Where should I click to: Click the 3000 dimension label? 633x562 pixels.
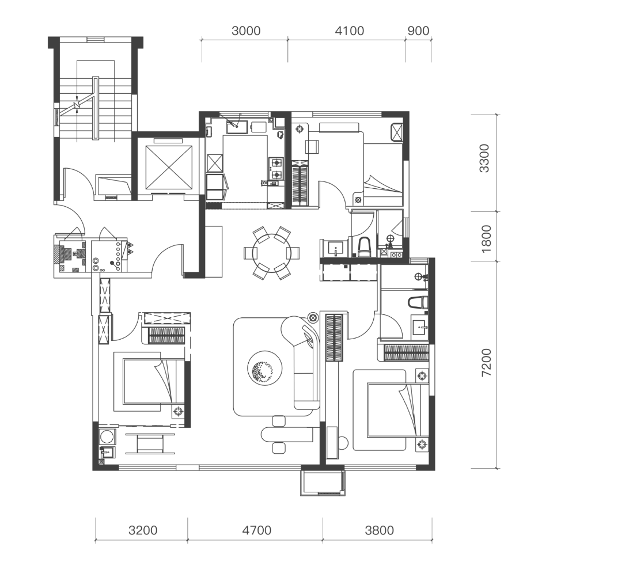[x=246, y=31]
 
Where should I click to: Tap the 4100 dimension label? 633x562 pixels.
[x=350, y=31]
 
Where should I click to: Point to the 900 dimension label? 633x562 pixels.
[x=418, y=31]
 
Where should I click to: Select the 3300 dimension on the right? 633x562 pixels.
[x=484, y=158]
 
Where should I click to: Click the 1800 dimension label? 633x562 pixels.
[x=486, y=239]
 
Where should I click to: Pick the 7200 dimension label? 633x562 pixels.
[x=487, y=363]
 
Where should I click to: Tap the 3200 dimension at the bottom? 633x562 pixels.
[x=143, y=530]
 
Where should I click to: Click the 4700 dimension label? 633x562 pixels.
[x=257, y=530]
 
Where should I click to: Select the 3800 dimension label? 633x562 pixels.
[x=379, y=530]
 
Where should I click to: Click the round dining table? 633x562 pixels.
[x=271, y=253]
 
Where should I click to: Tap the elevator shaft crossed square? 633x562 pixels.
[x=169, y=167]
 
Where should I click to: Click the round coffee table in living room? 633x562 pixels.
[x=265, y=368]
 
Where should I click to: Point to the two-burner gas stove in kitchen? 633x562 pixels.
[x=276, y=169]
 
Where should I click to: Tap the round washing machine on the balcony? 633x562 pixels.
[x=107, y=438]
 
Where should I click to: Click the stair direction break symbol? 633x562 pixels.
[x=77, y=105]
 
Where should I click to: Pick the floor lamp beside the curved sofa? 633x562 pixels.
[x=313, y=317]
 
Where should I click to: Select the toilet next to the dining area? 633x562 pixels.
[x=364, y=247]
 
